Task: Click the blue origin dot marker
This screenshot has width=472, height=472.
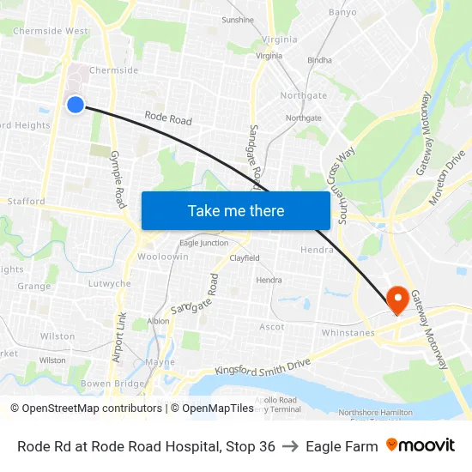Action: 76,105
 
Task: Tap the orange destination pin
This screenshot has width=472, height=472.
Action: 397,299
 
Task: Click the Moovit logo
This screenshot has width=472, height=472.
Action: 421,445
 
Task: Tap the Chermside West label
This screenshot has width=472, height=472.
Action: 51,31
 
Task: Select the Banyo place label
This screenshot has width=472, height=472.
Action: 342,13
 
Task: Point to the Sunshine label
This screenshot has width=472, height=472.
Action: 238,20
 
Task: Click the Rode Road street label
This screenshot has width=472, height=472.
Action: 168,118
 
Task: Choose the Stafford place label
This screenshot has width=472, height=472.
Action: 25,202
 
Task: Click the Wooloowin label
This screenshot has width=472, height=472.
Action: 162,257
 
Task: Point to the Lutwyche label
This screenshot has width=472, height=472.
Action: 110,283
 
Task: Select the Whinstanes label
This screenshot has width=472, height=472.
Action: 348,332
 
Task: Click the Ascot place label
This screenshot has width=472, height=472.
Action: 272,327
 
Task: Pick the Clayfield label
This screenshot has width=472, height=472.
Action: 244,257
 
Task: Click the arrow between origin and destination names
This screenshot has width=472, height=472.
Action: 290,446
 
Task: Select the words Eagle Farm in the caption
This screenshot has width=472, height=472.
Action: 342,446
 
